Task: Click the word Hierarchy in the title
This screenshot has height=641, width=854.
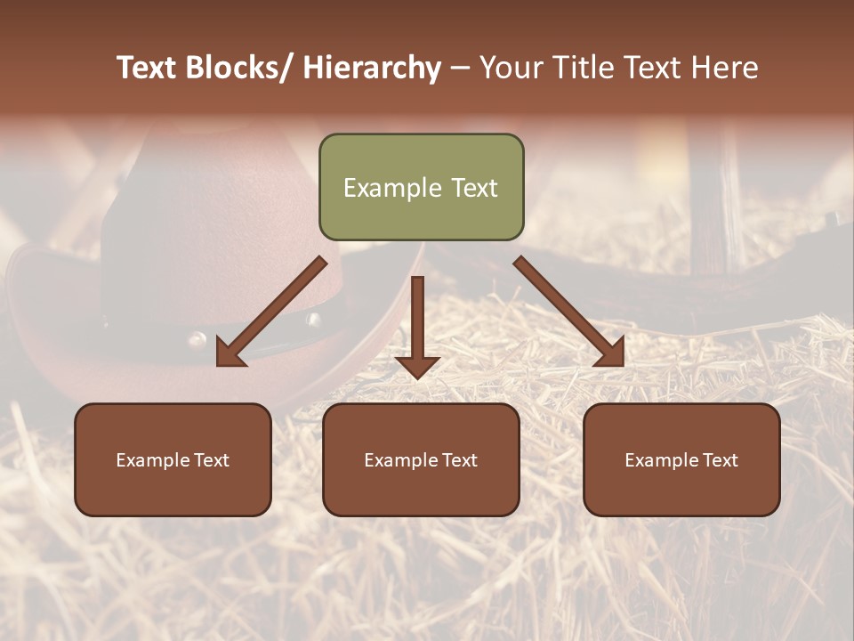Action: tap(372, 68)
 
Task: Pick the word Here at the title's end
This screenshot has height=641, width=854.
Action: tap(724, 68)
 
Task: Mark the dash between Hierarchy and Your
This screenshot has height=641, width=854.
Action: tap(460, 68)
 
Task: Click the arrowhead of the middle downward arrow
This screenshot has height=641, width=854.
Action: tap(417, 367)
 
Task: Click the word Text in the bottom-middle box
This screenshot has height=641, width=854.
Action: tap(457, 460)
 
